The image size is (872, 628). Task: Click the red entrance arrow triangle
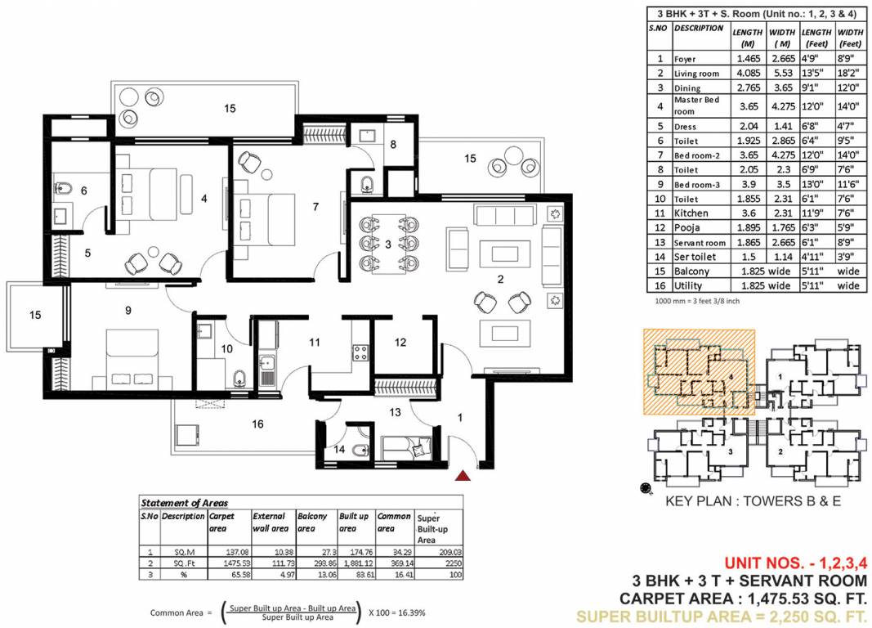[463, 476]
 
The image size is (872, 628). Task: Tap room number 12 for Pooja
[400, 343]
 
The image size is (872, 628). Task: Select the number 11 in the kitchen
[315, 343]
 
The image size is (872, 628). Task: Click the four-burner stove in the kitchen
[360, 352]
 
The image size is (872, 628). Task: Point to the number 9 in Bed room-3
[128, 311]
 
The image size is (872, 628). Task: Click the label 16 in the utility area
[257, 424]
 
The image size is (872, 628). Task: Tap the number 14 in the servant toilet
[339, 450]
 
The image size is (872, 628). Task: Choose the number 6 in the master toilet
[84, 191]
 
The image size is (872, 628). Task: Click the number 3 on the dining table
[388, 244]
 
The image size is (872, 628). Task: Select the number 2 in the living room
[500, 279]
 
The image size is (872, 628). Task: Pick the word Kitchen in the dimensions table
[691, 213]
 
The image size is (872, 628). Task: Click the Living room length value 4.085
[749, 73]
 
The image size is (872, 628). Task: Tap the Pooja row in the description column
[686, 227]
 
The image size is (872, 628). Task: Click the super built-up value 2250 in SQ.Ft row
[454, 563]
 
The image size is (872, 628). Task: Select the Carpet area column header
[221, 523]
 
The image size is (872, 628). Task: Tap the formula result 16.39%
[412, 612]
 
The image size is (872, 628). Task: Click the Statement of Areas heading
[184, 503]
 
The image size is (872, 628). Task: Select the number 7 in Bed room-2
[316, 207]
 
